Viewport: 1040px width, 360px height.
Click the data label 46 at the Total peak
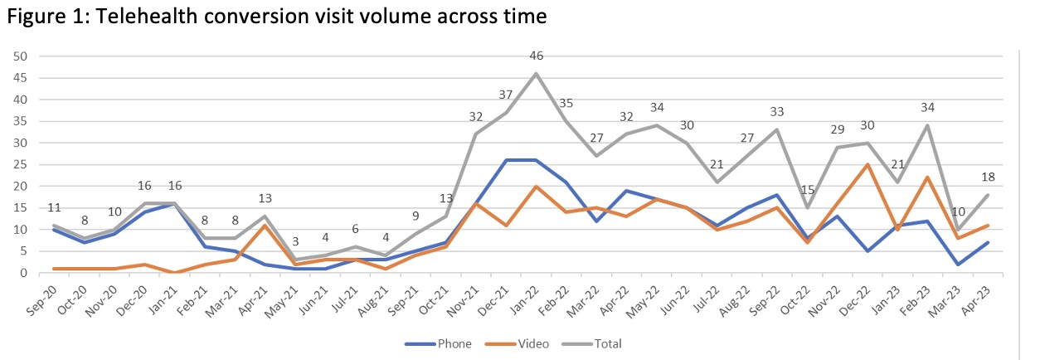pyautogui.click(x=536, y=56)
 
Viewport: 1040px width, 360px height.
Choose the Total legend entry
pyautogui.click(x=605, y=343)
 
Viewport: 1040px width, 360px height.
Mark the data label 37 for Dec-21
pyautogui.click(x=504, y=95)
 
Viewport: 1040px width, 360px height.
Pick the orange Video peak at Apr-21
pyautogui.click(x=264, y=225)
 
